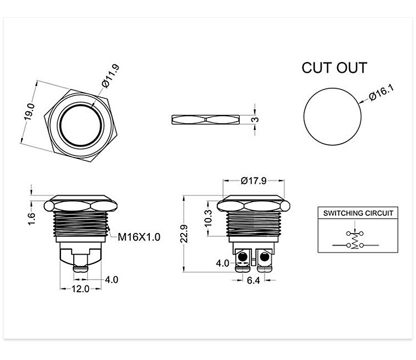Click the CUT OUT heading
tap(334, 68)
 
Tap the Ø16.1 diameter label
tap(381, 93)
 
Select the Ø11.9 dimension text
tap(110, 76)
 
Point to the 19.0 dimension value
tap(29, 111)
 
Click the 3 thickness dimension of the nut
tap(255, 119)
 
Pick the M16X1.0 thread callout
tap(139, 237)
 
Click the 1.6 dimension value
tap(31, 219)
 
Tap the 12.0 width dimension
tap(80, 288)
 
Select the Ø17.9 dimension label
tap(253, 181)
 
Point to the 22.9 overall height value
tap(184, 234)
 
